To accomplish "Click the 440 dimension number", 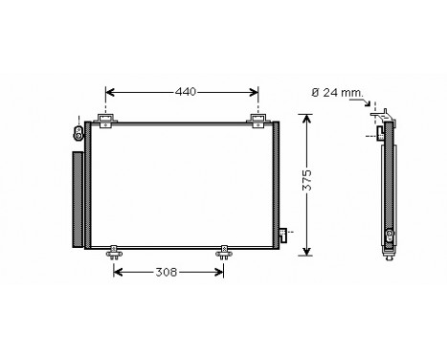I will click(x=185, y=92).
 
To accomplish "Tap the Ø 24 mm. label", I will click(x=338, y=92).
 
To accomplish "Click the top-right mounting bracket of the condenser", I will click(x=258, y=119).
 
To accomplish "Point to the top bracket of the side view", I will click(x=381, y=118).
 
